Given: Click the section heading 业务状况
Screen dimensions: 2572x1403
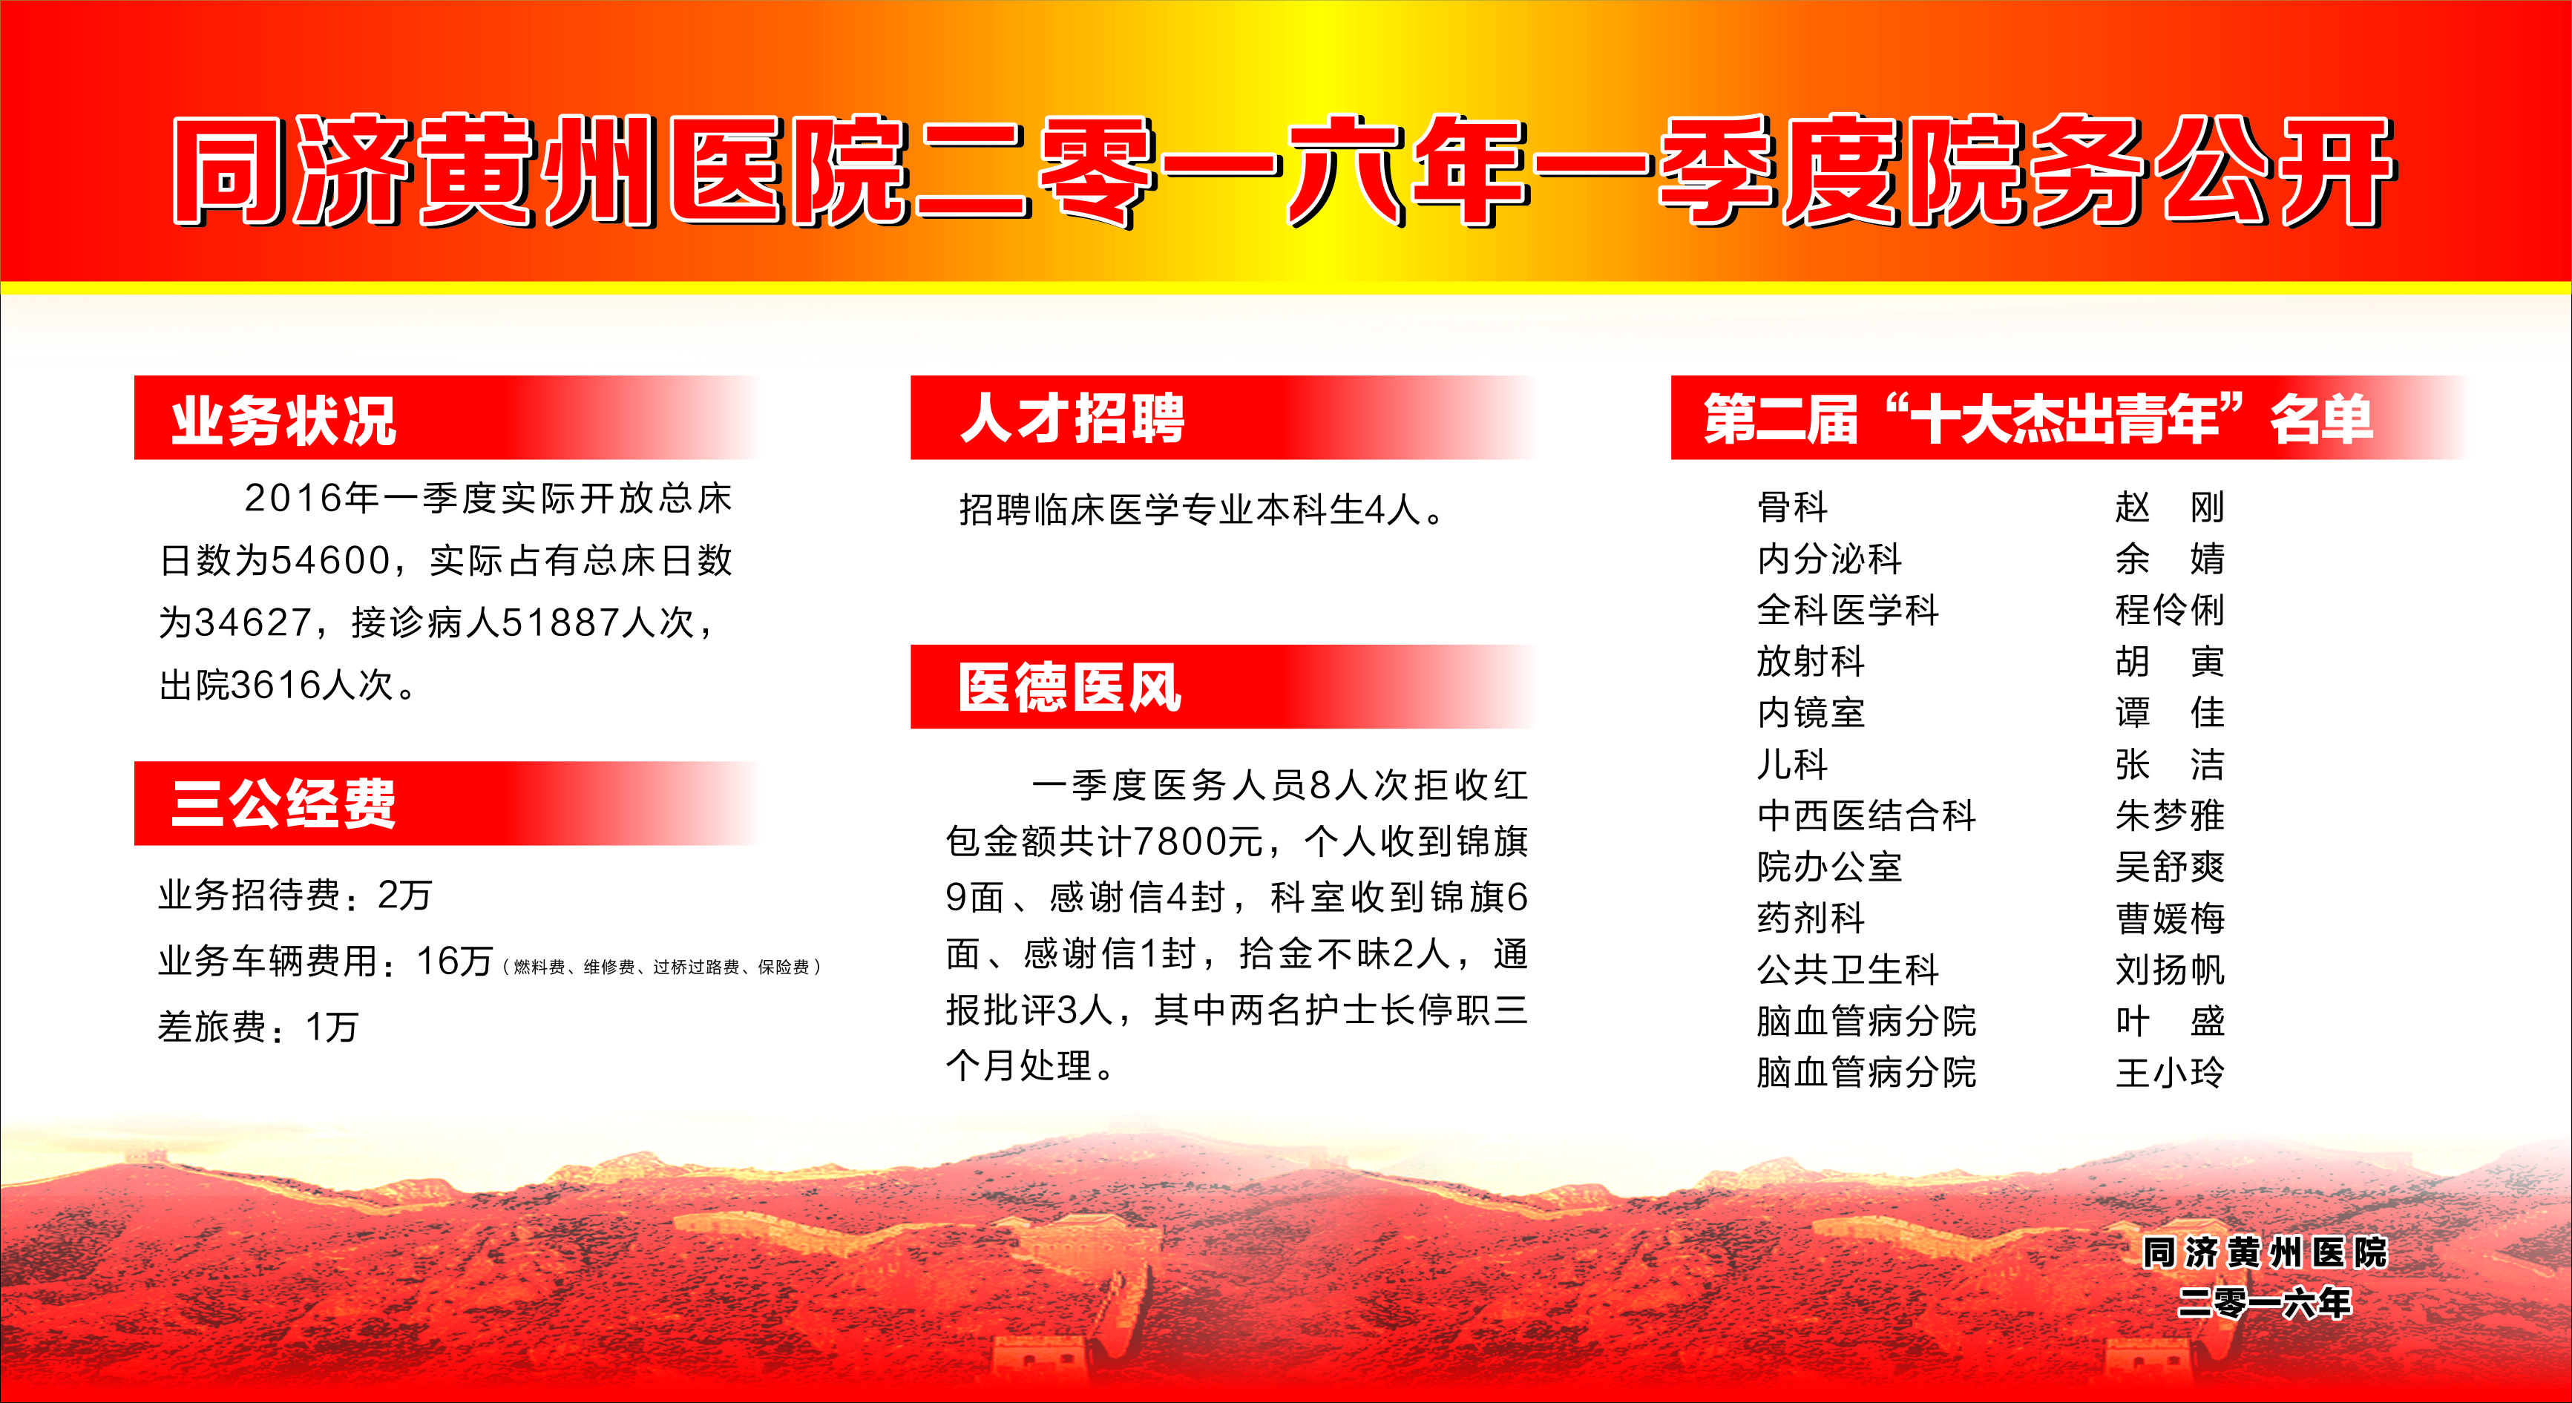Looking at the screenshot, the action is pos(284,421).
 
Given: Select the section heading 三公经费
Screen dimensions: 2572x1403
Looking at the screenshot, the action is pos(284,804).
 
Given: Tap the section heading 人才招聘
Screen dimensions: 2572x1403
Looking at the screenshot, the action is pos(1072,418).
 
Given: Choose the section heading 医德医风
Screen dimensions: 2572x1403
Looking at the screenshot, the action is pos(1070,687).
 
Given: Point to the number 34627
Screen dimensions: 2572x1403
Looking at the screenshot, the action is pos(254,622).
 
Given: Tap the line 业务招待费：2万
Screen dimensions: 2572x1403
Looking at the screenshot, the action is pos(295,895).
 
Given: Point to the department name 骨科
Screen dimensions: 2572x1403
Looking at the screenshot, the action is pos(1792,507).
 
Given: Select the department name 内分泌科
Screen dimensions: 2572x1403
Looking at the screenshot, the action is pos(1829,558).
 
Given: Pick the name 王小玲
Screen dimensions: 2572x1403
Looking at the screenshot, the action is pos(2170,1073).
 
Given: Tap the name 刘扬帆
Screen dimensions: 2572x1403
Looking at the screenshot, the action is pos(2170,970).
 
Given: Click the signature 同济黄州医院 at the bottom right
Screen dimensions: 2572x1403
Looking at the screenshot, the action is pos(2265,1252).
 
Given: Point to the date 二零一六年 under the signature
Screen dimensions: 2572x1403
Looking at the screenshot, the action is pos(2265,1302).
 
